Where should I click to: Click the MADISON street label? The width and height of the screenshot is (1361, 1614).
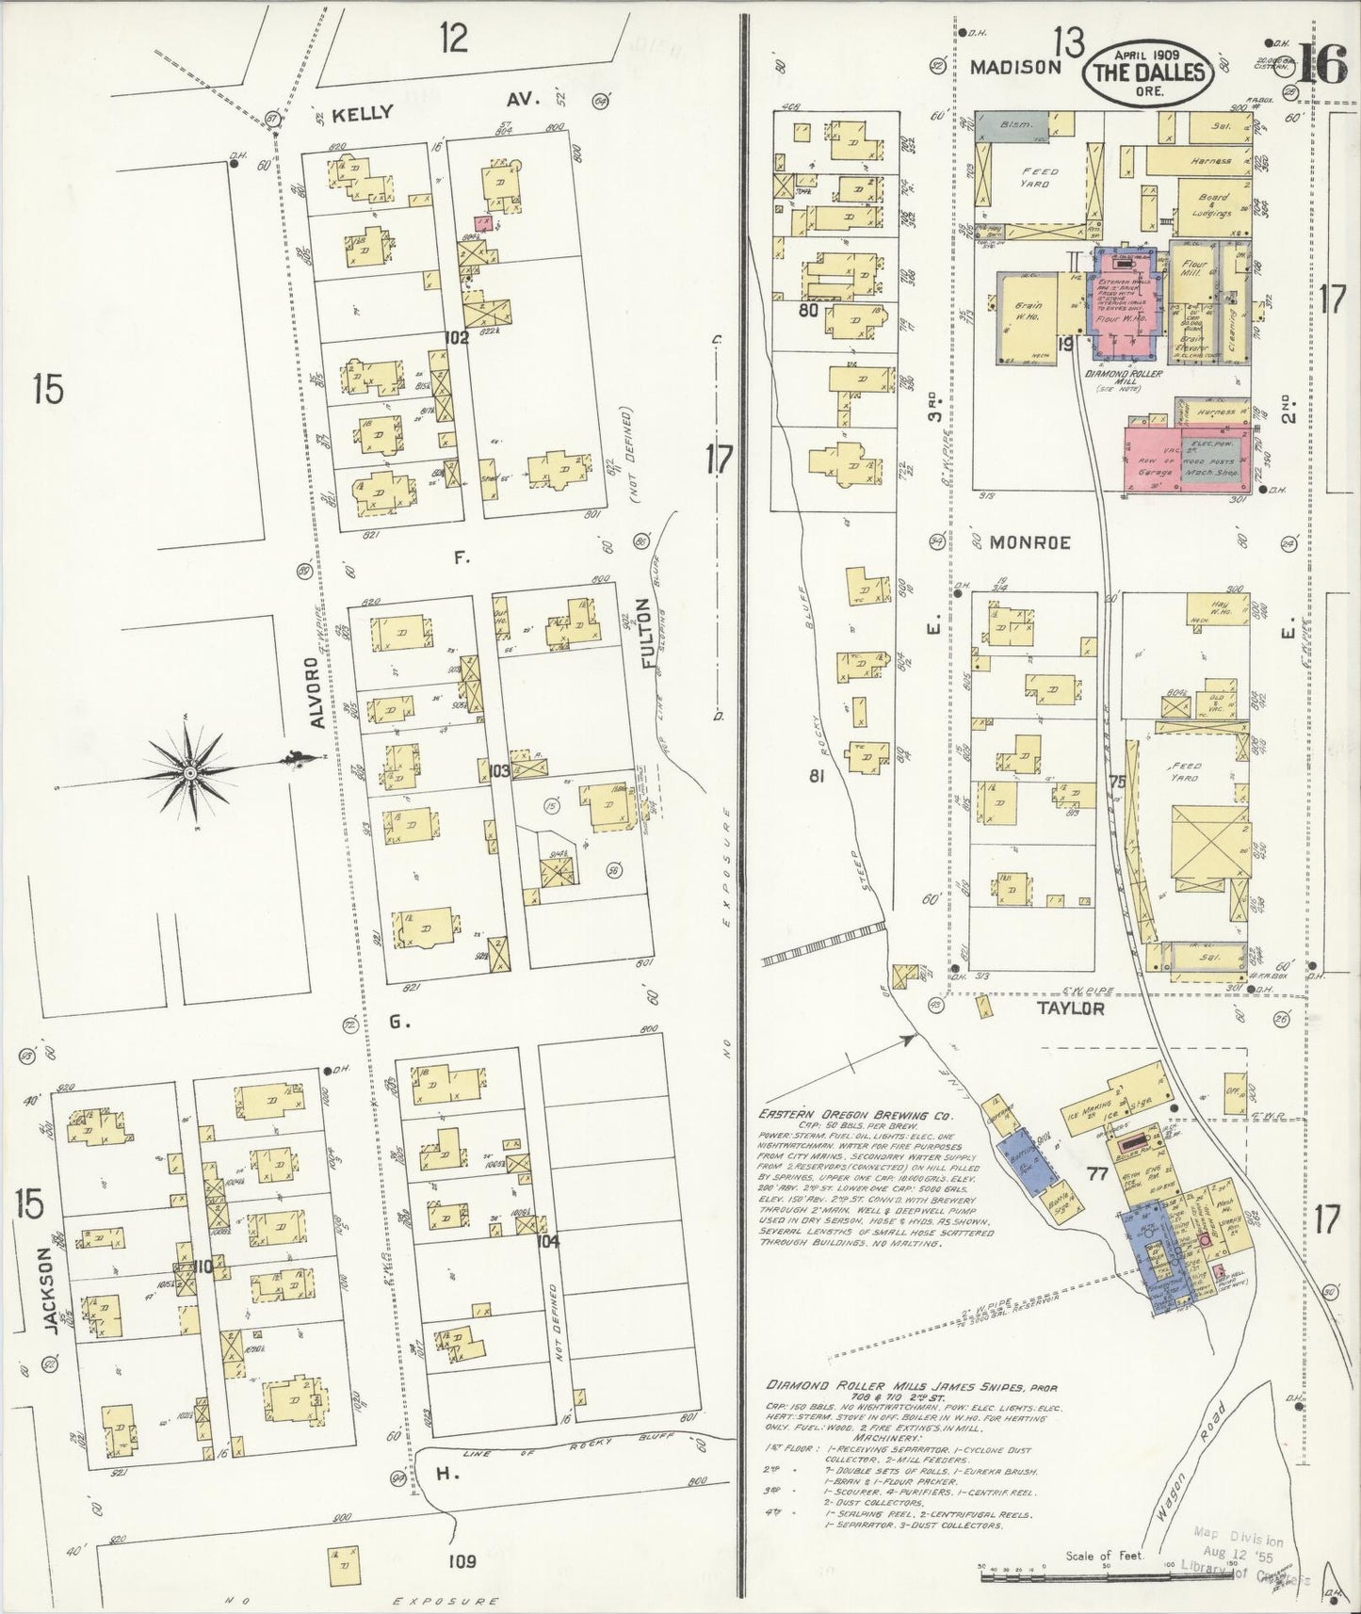(x=1015, y=67)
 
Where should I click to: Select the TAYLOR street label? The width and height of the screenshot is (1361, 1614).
(x=1070, y=1009)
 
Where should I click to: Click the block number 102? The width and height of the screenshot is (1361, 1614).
(x=458, y=336)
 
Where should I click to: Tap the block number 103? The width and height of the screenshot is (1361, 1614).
(x=499, y=771)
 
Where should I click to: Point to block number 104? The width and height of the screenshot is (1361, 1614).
(x=547, y=1241)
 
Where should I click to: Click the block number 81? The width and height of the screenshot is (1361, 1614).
(x=817, y=776)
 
